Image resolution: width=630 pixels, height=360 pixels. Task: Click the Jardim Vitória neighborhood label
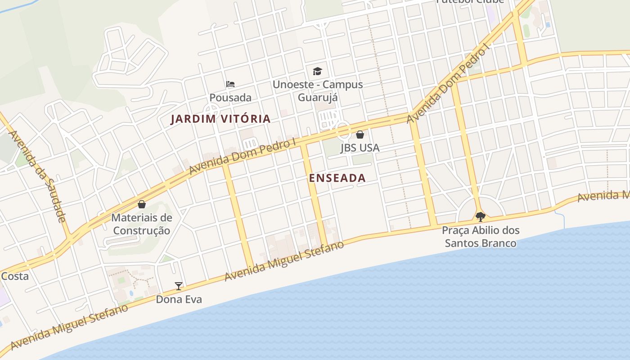[220, 119]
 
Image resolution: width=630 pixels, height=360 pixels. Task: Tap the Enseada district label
[337, 178]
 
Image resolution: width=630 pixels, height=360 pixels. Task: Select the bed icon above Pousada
[230, 84]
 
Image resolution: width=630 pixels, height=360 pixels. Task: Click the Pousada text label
[230, 98]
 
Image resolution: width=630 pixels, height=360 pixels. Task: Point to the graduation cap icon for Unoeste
[318, 71]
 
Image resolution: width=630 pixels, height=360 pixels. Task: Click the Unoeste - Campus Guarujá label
[318, 91]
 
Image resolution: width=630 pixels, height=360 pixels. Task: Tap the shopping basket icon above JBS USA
[360, 134]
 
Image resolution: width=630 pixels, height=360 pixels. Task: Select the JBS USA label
[360, 148]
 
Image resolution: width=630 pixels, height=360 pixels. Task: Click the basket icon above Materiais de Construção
[142, 204]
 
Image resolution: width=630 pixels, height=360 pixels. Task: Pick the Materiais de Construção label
[142, 224]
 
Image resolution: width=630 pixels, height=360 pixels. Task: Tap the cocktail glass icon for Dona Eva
[179, 286]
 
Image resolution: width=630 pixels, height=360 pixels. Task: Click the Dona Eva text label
[179, 299]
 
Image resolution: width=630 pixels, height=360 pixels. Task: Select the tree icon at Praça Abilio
[480, 217]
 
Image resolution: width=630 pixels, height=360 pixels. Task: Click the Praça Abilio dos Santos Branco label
[480, 237]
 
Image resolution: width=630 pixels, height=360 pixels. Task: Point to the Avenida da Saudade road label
[37, 176]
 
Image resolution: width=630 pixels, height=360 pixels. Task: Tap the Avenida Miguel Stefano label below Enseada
[284, 261]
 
